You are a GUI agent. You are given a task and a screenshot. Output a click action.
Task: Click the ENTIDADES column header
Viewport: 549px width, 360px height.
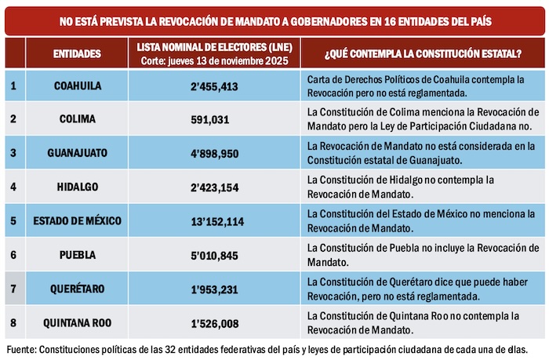(x=77, y=53)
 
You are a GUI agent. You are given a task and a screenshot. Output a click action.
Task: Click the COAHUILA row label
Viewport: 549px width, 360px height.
(x=77, y=85)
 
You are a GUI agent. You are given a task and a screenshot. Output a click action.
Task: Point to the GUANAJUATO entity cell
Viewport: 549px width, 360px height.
(x=77, y=152)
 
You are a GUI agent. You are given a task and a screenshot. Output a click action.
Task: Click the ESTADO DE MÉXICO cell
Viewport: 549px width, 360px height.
(x=77, y=221)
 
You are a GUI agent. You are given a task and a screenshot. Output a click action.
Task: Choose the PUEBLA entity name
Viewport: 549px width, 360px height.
(x=77, y=255)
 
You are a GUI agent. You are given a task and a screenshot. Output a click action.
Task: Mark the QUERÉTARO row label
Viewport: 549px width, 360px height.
(x=77, y=289)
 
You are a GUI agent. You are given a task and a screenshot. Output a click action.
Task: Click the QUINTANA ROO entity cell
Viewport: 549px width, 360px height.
(x=77, y=322)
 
